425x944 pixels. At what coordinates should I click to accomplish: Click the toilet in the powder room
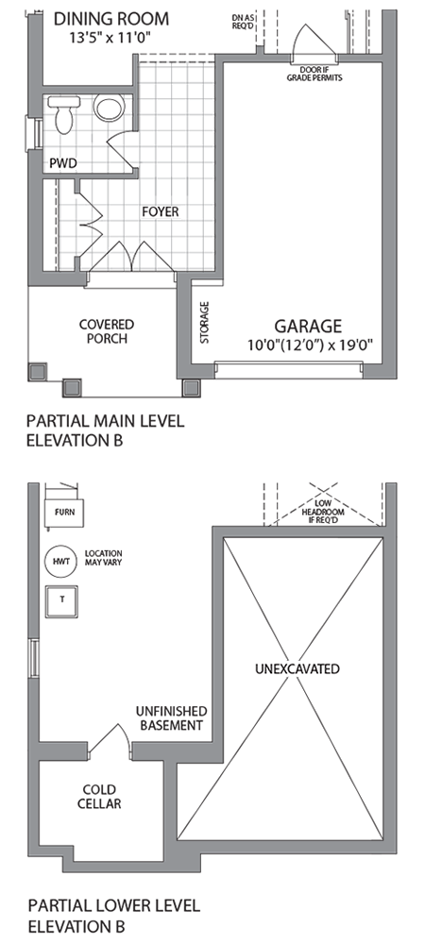pos(64,114)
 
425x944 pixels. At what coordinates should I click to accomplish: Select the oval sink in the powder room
pos(109,109)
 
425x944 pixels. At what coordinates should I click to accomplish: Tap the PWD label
pos(63,163)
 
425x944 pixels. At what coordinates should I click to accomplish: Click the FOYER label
pos(161,211)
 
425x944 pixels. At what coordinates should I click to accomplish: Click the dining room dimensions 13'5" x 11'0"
pos(109,38)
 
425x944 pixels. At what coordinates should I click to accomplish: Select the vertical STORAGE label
pos(205,322)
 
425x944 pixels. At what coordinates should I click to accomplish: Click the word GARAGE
pos(308,327)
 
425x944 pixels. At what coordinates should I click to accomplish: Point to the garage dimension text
pos(311,345)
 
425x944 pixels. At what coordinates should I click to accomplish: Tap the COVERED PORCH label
pos(107,331)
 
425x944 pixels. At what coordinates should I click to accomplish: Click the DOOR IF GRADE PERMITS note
pos(314,74)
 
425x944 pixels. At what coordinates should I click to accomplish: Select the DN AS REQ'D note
pos(243,23)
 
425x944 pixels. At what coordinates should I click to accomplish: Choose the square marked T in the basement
pos(62,599)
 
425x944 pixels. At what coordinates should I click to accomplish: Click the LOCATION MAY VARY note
pos(104,558)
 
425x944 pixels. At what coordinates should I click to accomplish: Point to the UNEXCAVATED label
pos(297,669)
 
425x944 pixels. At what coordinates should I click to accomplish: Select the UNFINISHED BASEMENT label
pos(172,718)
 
